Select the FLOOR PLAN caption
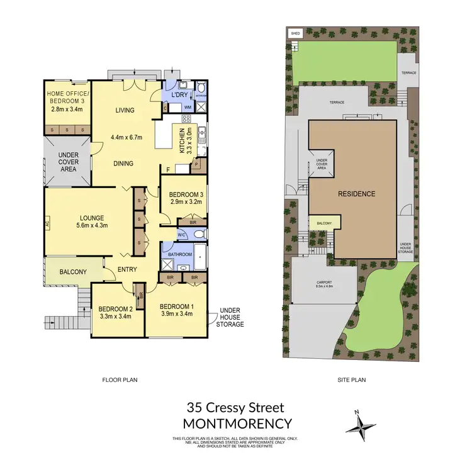click(x=120, y=379)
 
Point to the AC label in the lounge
click(x=47, y=222)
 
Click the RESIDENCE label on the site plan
click(x=356, y=194)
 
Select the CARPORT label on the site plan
click(x=323, y=283)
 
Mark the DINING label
click(x=124, y=164)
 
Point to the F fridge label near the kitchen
click(x=167, y=169)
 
